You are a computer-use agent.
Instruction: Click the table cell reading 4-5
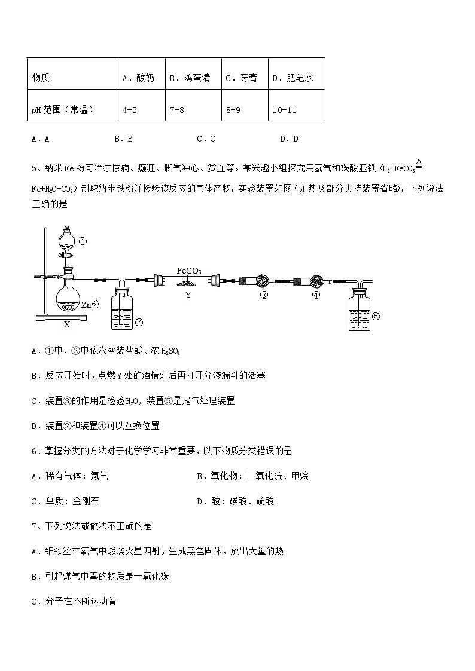[130, 110]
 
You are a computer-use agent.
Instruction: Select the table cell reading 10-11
[284, 110]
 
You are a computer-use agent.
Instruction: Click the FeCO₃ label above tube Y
[189, 271]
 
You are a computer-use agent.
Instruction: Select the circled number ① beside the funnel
[83, 242]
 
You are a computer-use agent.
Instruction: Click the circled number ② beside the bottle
[138, 323]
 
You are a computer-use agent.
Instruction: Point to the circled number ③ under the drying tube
[263, 295]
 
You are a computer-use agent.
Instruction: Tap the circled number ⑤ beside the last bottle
[376, 317]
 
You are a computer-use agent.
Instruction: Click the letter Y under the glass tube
[188, 295]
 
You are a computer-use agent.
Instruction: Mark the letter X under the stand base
[67, 324]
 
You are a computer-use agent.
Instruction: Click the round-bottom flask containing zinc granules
[68, 299]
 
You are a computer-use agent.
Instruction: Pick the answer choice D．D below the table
[289, 139]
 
